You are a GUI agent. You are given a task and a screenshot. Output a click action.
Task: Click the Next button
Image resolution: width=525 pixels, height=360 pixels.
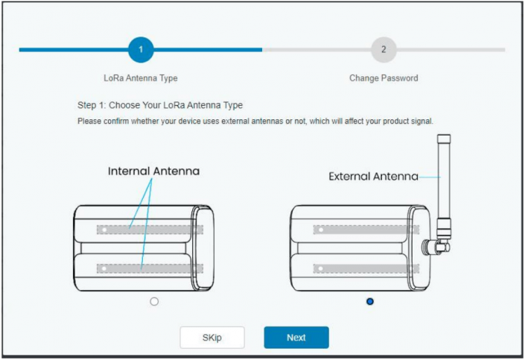[296, 338]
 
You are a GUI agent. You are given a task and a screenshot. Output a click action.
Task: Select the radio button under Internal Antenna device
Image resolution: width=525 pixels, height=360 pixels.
[154, 301]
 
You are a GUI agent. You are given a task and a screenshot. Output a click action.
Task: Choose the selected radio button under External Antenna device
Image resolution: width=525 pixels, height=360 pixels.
[370, 301]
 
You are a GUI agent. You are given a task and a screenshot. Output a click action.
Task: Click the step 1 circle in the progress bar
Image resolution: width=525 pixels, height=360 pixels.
[141, 50]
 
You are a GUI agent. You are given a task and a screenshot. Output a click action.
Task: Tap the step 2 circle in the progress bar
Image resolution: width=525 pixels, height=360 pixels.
[384, 50]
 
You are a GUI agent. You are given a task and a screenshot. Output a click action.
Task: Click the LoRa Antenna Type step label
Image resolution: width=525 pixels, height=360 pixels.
[141, 78]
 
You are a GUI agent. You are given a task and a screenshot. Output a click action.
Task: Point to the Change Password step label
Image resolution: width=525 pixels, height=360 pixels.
[384, 78]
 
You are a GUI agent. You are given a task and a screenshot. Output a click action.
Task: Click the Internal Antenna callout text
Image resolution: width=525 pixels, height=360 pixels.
[154, 171]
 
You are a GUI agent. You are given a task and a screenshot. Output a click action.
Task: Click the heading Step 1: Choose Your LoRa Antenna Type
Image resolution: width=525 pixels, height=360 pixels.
[160, 105]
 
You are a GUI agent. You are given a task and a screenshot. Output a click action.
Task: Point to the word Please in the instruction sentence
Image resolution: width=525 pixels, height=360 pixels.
[89, 121]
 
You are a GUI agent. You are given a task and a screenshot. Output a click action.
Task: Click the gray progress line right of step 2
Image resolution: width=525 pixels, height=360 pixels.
[451, 50]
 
